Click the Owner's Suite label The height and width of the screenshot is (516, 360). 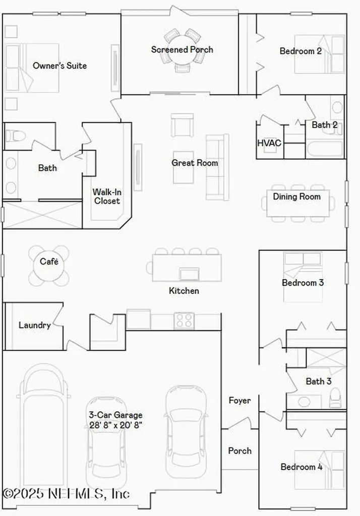pos(59,66)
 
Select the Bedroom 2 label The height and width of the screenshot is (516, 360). pos(301,51)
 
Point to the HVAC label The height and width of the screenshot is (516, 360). pos(269,143)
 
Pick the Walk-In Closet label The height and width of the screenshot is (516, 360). pos(106,196)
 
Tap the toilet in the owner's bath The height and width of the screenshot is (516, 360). pos(16,136)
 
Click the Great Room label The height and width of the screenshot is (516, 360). pos(195,163)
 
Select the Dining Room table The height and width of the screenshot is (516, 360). pos(298,204)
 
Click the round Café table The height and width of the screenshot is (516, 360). pos(49,265)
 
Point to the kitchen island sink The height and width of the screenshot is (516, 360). pos(190,274)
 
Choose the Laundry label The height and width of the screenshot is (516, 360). pos(34,325)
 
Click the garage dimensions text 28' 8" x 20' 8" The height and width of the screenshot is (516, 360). pos(115,425)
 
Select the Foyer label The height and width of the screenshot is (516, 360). pos(239,401)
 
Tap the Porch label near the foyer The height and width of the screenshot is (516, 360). pos(239,450)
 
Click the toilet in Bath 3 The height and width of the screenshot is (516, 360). pos(336,399)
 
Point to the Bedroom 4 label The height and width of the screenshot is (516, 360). pos(302,467)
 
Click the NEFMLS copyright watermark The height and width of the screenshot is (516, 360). pos(66,492)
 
